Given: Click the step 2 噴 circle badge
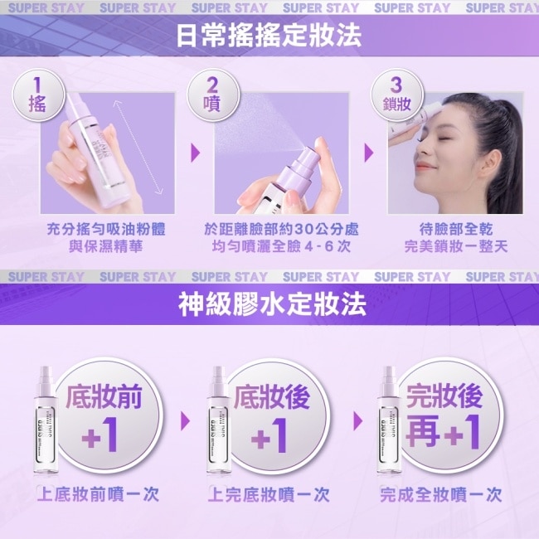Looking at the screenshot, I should (211, 96).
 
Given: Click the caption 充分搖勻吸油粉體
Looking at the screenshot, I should (105, 229).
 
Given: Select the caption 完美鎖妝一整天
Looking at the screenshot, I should (455, 246).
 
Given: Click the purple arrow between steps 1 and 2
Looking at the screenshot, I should (195, 153).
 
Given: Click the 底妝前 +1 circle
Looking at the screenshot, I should (101, 417).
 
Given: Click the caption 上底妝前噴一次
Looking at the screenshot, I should (99, 495).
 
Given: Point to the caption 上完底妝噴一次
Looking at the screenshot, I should (269, 495).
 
